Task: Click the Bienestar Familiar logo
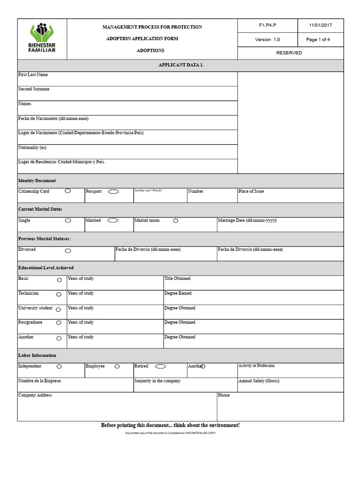click(42, 38)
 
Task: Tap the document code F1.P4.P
click(267, 26)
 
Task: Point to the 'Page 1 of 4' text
click(318, 40)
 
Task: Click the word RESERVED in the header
click(289, 53)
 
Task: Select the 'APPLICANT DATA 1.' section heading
click(180, 65)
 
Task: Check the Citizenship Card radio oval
click(68, 191)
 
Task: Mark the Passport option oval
click(113, 192)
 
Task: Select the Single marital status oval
click(68, 220)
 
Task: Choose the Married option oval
click(113, 220)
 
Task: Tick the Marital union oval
click(176, 221)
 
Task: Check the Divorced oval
click(68, 251)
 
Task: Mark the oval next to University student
click(59, 309)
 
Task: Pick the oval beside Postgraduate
click(59, 323)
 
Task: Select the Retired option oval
click(160, 367)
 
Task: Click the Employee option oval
click(117, 367)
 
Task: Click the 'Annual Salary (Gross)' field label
click(258, 381)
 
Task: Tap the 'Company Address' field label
click(35, 396)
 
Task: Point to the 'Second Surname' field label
click(34, 89)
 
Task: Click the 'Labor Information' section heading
click(37, 356)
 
